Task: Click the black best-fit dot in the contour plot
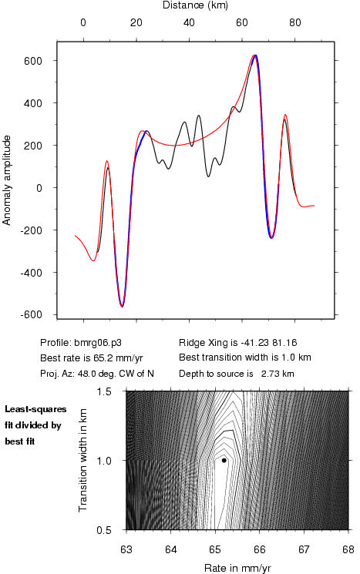click(224, 460)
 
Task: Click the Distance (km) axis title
click(195, 5)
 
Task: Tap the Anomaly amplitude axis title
click(7, 180)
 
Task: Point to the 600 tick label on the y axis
click(33, 61)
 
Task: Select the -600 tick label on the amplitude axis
click(31, 315)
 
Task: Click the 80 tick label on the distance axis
click(294, 22)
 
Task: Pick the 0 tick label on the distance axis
click(83, 22)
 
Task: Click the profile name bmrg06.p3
click(98, 343)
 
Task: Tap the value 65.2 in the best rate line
click(96, 357)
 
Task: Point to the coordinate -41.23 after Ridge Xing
click(254, 343)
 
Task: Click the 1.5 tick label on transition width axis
click(104, 391)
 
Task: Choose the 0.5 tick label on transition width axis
click(104, 530)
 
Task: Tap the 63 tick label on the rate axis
click(126, 549)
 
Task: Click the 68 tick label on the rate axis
click(348, 549)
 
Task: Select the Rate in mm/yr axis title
click(237, 568)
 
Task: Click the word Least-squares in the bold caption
click(35, 409)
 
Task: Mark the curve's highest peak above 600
click(255, 55)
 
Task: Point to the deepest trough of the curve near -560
click(122, 306)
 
